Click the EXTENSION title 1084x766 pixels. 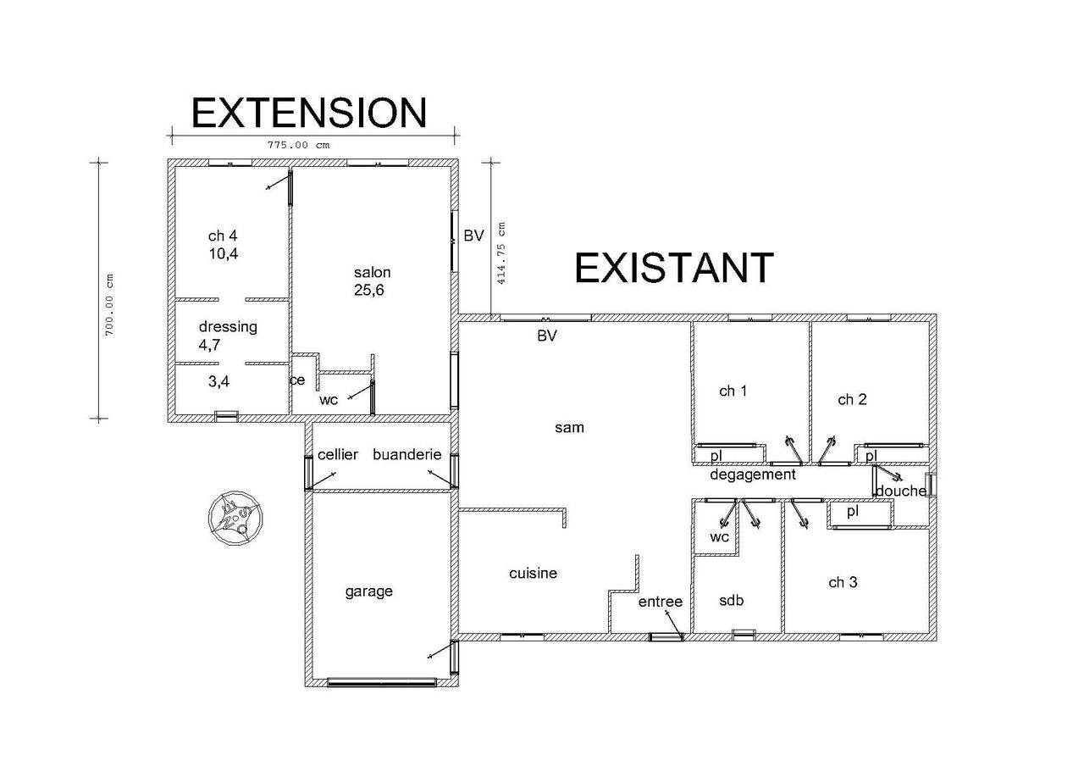pos(309,114)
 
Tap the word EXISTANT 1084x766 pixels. pos(674,268)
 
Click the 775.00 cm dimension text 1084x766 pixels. pos(299,145)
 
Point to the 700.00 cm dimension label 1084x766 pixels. pos(109,304)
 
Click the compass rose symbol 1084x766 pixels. pos(235,518)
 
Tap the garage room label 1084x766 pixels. pos(368,591)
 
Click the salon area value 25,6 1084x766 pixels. pos(369,290)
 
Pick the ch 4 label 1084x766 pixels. pos(223,236)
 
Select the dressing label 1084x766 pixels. pos(228,327)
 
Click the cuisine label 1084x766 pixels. pos(533,574)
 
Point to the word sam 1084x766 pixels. pos(569,428)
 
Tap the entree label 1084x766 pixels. pos(660,602)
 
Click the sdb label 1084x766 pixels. pos(731,601)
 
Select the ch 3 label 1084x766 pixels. pos(843,582)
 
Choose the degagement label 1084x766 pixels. pos(753,475)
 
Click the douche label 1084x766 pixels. pos(901,491)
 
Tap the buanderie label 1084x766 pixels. pos(407,454)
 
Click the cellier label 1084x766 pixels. pos(338,454)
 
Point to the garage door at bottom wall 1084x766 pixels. pos(382,683)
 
